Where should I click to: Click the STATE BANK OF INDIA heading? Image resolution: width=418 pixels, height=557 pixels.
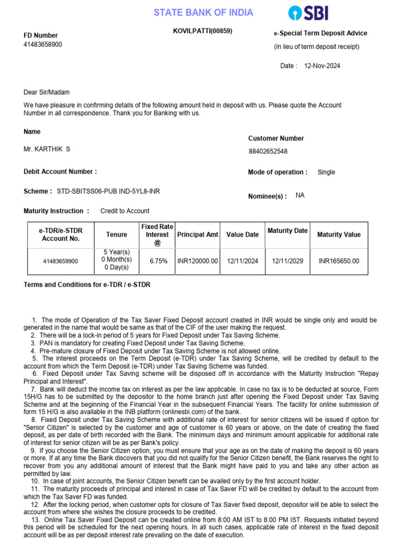pyautogui.click(x=203, y=13)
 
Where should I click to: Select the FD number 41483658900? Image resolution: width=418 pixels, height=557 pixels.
pyautogui.click(x=43, y=45)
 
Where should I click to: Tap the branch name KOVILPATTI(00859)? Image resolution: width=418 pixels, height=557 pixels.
pyautogui.click(x=202, y=31)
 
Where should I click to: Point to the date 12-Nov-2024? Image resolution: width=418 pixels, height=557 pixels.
pyautogui.click(x=322, y=66)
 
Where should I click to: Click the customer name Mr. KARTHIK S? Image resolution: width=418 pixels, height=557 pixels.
pyautogui.click(x=47, y=149)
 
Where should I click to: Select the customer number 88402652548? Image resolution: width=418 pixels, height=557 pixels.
pyautogui.click(x=268, y=151)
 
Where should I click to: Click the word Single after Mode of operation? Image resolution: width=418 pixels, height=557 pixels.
pyautogui.click(x=326, y=172)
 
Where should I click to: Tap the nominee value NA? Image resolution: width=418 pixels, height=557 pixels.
pyautogui.click(x=300, y=195)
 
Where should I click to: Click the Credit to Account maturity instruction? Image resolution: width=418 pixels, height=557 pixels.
pyautogui.click(x=125, y=211)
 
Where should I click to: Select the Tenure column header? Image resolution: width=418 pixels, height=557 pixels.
pyautogui.click(x=116, y=234)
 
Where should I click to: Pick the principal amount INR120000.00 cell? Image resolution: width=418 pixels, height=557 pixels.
pyautogui.click(x=198, y=261)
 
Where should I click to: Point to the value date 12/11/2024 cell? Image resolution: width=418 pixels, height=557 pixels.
pyautogui.click(x=242, y=261)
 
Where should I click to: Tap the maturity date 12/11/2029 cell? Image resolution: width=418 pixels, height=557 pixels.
pyautogui.click(x=287, y=261)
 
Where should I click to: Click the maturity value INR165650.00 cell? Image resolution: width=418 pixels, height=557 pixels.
pyautogui.click(x=339, y=261)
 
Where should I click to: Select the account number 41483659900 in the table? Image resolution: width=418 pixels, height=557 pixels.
pyautogui.click(x=60, y=261)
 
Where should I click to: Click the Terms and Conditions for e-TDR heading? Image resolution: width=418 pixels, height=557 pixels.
pyautogui.click(x=87, y=284)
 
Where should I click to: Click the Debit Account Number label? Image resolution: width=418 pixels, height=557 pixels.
pyautogui.click(x=60, y=172)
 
